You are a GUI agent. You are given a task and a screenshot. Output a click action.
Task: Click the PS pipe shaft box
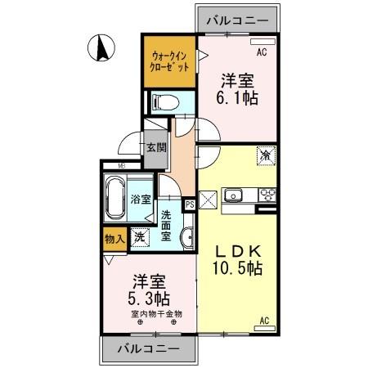coord(190,205)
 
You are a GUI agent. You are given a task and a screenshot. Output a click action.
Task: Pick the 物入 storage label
coord(114,240)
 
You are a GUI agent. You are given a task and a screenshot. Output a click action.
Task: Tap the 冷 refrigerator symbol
coord(266,154)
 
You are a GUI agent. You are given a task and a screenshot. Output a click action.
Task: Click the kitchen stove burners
coord(267,195)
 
